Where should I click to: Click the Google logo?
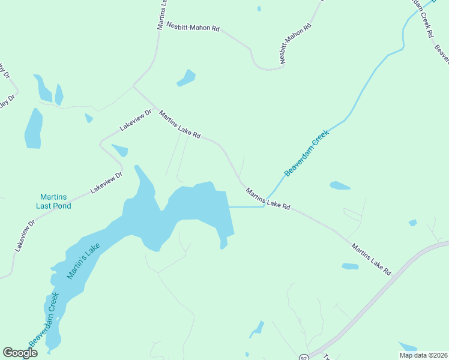[20, 353]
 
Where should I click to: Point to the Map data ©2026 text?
[423, 355]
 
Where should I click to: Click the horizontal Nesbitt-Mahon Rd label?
[193, 27]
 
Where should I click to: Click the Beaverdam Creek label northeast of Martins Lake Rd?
[308, 155]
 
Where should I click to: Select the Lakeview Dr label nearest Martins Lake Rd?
[136, 120]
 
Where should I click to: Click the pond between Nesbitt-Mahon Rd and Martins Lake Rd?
[186, 78]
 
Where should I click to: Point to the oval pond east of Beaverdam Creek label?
[340, 185]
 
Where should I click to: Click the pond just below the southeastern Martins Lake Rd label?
[350, 266]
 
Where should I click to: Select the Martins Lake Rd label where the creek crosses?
[268, 199]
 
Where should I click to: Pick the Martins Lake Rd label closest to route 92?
[372, 259]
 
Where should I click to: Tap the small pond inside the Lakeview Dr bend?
[119, 150]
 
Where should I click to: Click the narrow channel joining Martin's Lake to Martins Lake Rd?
[247, 207]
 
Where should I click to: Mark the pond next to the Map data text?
[408, 346]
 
